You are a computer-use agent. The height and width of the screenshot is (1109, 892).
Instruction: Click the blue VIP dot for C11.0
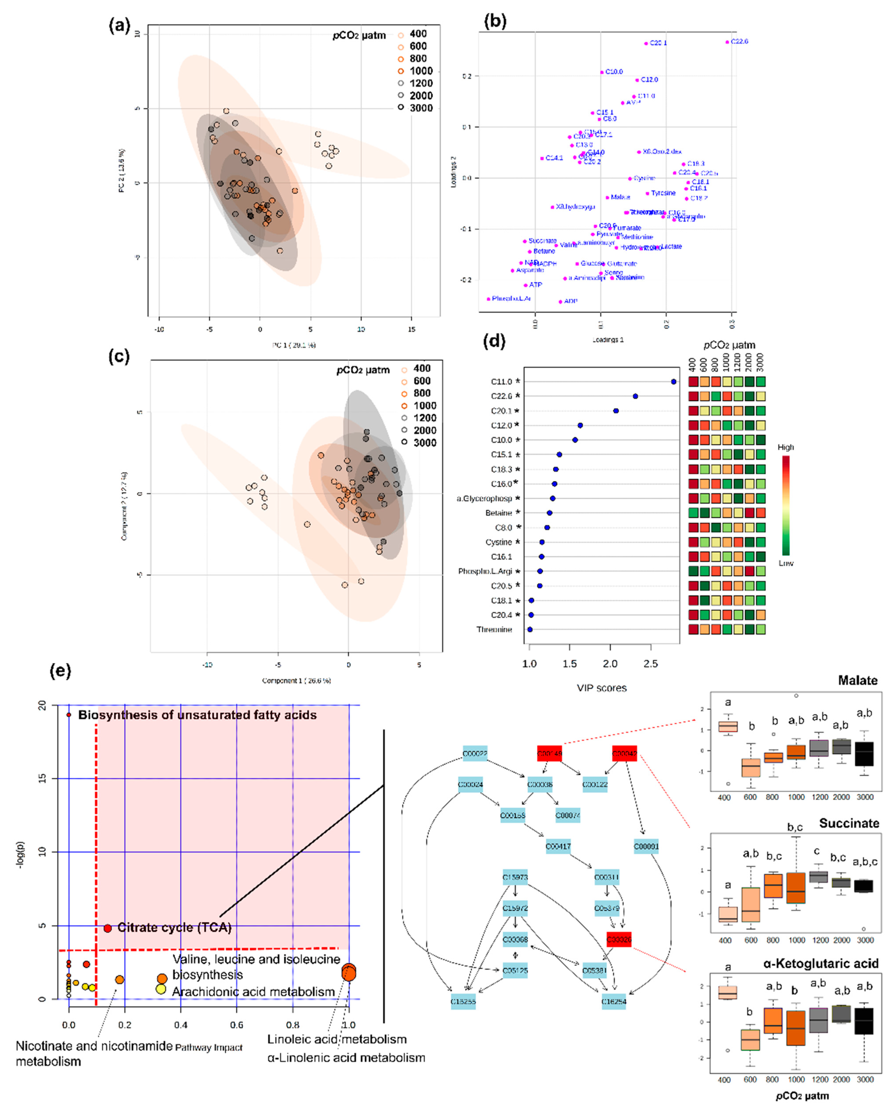(674, 382)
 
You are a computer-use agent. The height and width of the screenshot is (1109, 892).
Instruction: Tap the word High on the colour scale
(785, 447)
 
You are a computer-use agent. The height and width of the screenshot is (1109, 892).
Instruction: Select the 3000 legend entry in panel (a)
(421, 108)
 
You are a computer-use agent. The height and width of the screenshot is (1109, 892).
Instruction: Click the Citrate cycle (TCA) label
(174, 928)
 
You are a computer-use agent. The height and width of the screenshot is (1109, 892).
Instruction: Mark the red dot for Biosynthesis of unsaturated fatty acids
(69, 715)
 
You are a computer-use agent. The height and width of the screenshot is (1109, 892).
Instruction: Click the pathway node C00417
(558, 846)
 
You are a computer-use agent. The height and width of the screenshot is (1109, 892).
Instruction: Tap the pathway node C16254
(614, 1001)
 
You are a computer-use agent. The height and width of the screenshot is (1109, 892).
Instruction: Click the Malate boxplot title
(858, 681)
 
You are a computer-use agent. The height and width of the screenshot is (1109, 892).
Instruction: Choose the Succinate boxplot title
(849, 823)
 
